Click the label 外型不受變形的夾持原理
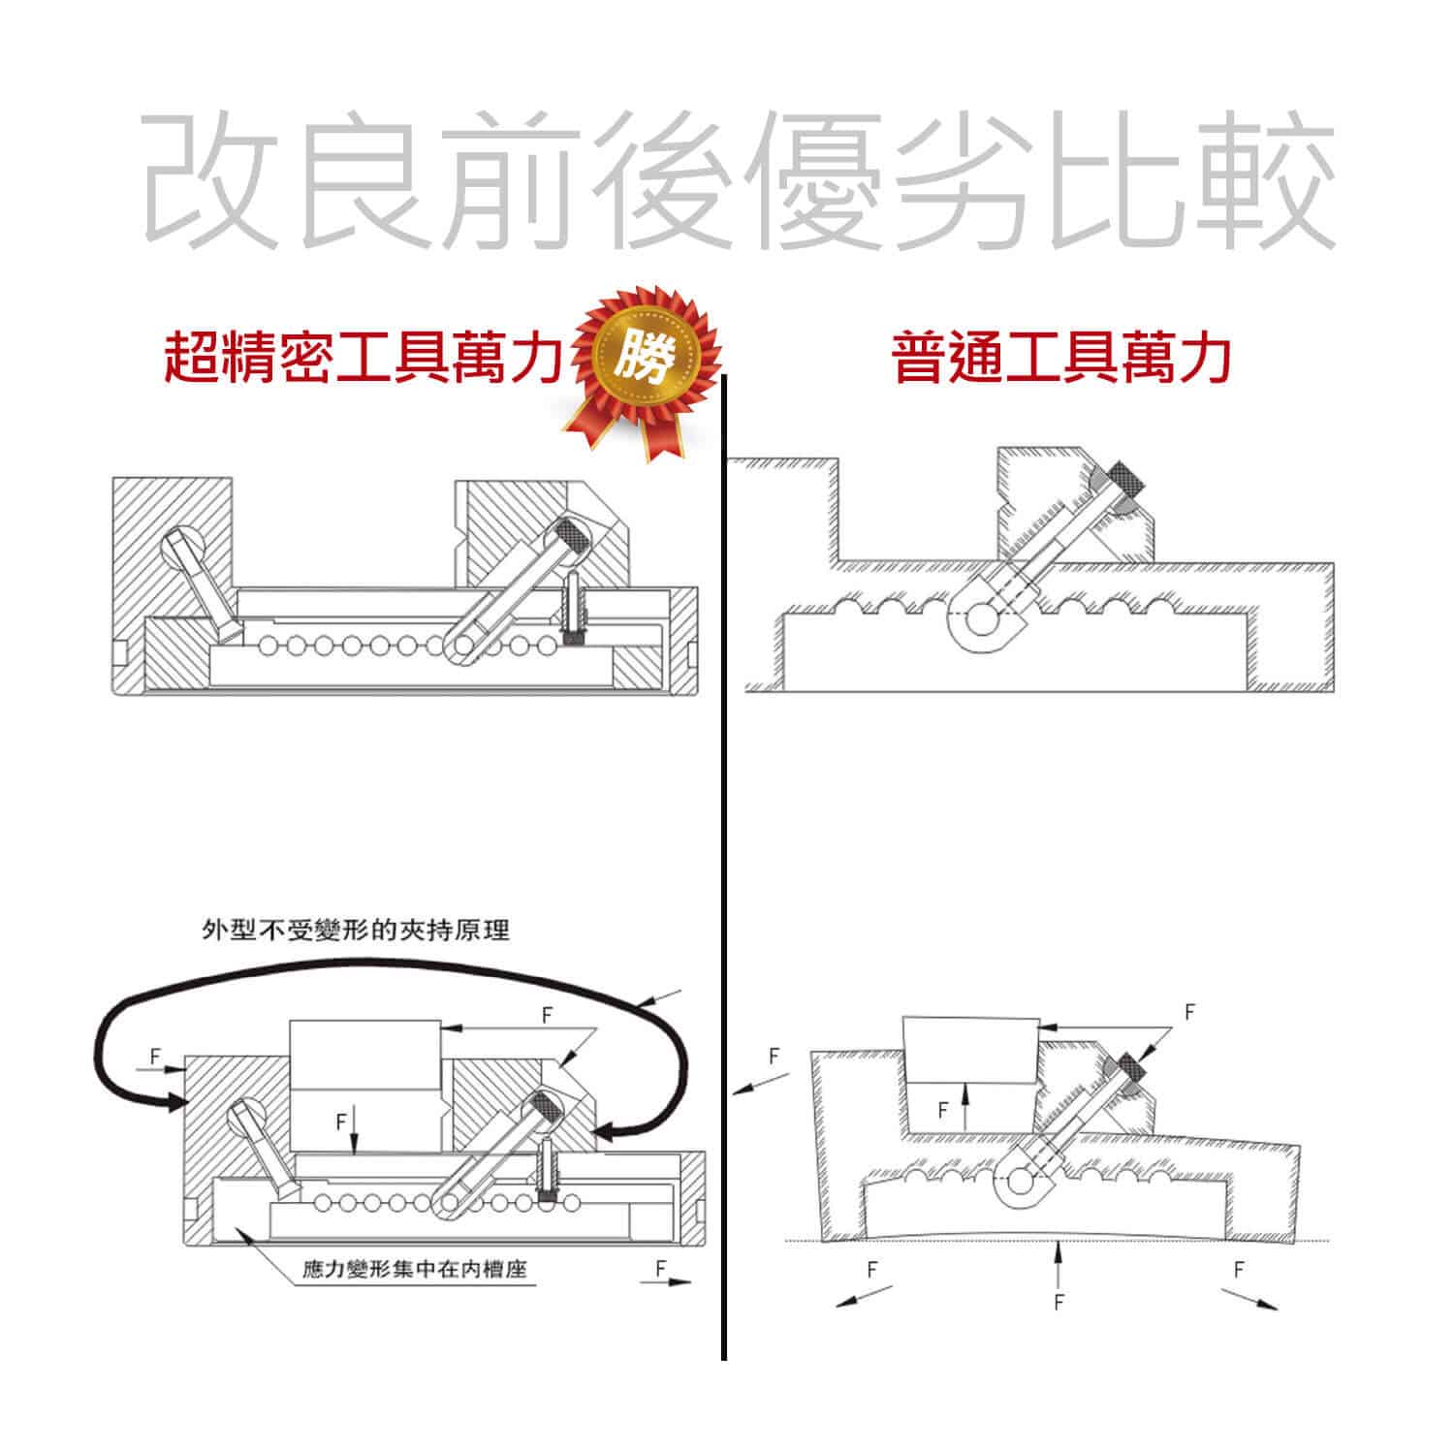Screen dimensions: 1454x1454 [x=355, y=931]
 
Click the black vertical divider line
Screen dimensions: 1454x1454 [x=724, y=868]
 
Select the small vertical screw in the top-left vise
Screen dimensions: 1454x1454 [x=574, y=611]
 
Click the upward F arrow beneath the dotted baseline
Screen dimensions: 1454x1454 [x=1059, y=1265]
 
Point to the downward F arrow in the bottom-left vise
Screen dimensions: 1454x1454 [x=356, y=1132]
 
